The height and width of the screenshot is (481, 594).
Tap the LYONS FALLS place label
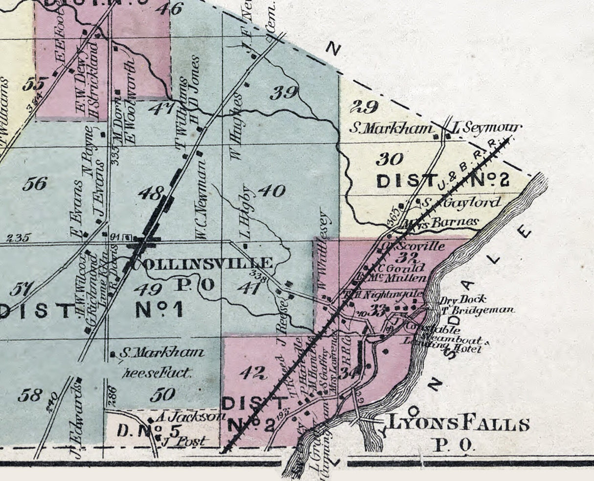[459, 424]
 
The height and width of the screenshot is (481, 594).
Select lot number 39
[284, 92]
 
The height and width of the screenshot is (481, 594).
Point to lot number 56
[35, 183]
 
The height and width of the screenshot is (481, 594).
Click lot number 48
[150, 193]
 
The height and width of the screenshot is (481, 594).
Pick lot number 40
[272, 190]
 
